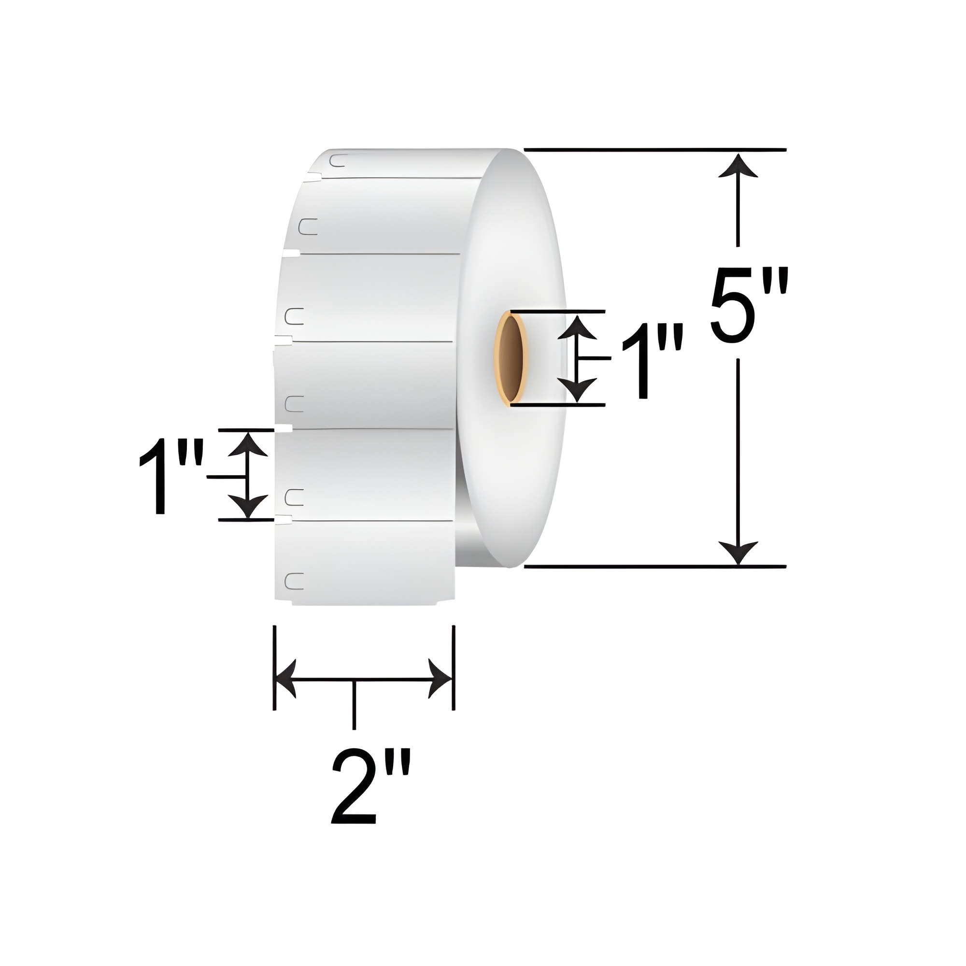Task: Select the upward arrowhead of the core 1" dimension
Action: (x=577, y=327)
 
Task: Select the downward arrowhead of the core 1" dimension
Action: (x=577, y=389)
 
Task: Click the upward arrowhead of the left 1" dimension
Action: (x=248, y=444)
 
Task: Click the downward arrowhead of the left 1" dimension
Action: (x=248, y=506)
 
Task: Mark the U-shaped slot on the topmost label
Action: (x=339, y=160)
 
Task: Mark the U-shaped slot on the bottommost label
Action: (x=294, y=581)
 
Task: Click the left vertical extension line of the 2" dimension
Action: (x=274, y=650)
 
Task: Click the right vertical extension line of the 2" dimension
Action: (x=453, y=650)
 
